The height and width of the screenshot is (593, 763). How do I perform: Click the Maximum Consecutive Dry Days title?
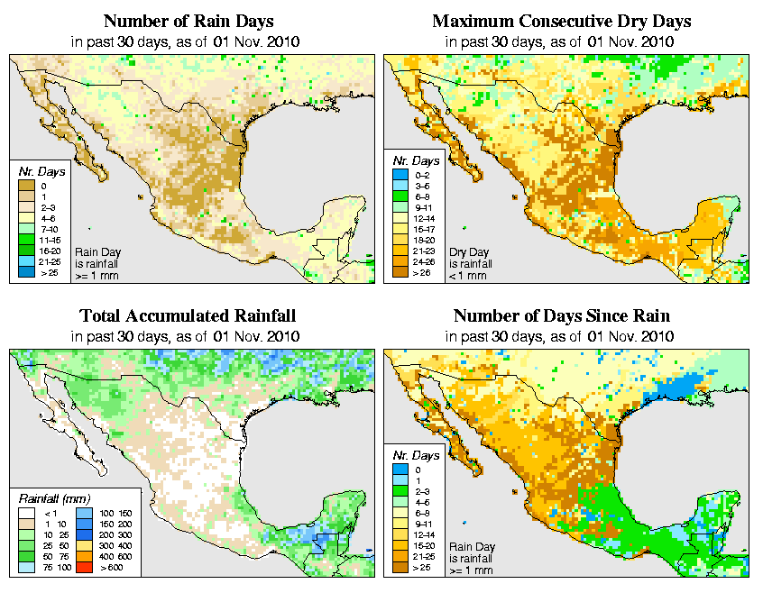click(561, 21)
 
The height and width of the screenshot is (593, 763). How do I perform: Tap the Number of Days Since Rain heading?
click(561, 316)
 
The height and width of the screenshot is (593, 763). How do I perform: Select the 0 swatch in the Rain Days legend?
click(26, 186)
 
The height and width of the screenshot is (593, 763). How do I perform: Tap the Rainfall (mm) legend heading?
click(55, 499)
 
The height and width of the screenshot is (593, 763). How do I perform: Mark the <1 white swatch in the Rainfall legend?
click(26, 513)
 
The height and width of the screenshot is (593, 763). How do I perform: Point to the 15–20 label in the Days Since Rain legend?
click(424, 545)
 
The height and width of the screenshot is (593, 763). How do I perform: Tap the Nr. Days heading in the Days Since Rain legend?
click(416, 456)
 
